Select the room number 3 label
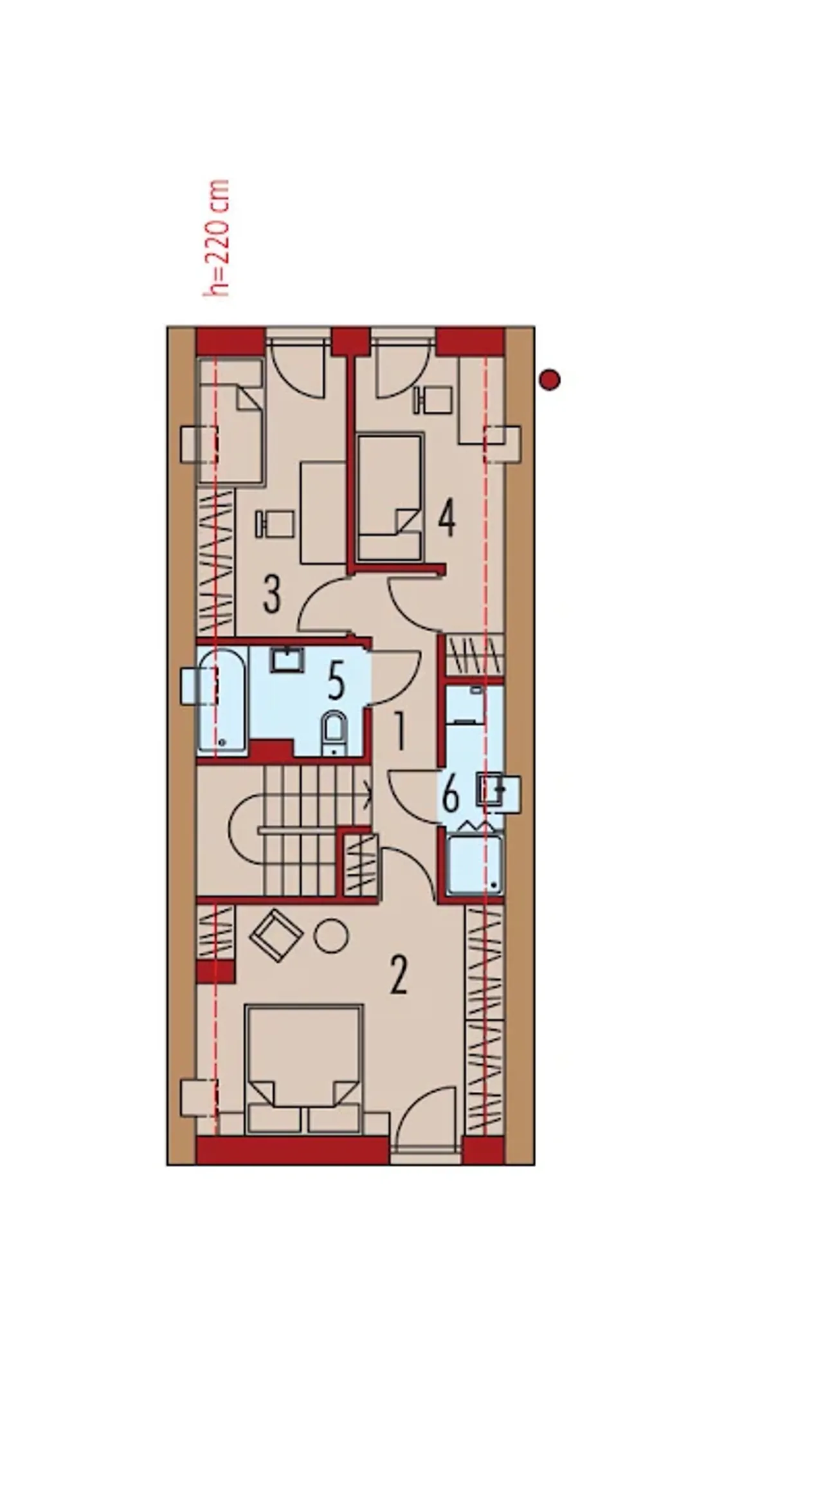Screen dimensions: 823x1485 272,595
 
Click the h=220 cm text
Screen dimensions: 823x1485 217,238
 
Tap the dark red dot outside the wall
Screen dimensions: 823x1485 550,380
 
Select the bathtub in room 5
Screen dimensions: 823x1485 222,701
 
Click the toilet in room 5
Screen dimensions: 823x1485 334,734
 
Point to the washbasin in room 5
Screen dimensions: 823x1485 287,659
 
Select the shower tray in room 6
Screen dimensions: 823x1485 475,865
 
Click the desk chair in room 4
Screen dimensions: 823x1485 433,400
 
